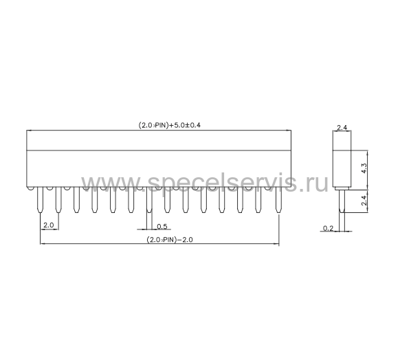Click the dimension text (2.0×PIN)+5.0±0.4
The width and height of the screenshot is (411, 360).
[x=169, y=125]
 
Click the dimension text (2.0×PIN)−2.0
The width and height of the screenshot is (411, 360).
[x=170, y=240]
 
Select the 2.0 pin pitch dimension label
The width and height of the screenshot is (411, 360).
[x=49, y=225]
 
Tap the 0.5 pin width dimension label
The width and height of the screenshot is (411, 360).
[x=162, y=226]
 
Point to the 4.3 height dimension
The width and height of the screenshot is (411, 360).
[x=364, y=168]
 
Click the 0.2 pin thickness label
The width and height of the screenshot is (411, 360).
[x=328, y=228]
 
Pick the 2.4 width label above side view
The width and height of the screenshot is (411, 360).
[x=342, y=128]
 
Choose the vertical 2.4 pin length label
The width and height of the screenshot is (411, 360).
[x=364, y=201]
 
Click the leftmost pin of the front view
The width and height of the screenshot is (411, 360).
[x=40, y=200]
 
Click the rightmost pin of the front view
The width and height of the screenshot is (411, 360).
[x=278, y=200]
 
